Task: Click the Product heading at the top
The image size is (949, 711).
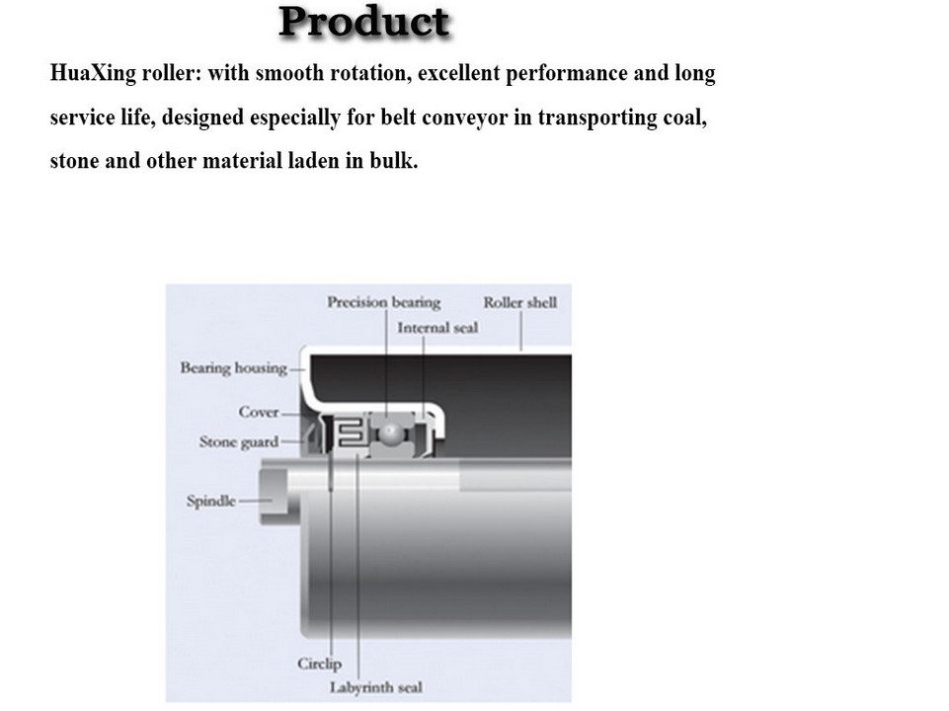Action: [x=364, y=23]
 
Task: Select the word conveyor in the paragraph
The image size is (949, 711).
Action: [x=467, y=118]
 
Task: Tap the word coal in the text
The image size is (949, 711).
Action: [x=683, y=118]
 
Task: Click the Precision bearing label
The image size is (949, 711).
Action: [x=383, y=303]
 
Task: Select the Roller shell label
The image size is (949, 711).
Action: [x=519, y=303]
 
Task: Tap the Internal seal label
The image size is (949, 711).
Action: [x=437, y=328]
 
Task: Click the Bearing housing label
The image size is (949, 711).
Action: [x=233, y=368]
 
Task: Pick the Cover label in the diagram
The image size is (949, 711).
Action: [x=259, y=412]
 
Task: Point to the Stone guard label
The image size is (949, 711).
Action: [x=239, y=441]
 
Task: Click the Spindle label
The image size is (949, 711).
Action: [x=211, y=501]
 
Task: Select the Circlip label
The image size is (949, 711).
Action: [x=319, y=664]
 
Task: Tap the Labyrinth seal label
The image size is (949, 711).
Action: [x=376, y=687]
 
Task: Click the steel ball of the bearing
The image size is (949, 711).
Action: [x=394, y=433]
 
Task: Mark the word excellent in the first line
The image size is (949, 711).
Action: [x=461, y=74]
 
